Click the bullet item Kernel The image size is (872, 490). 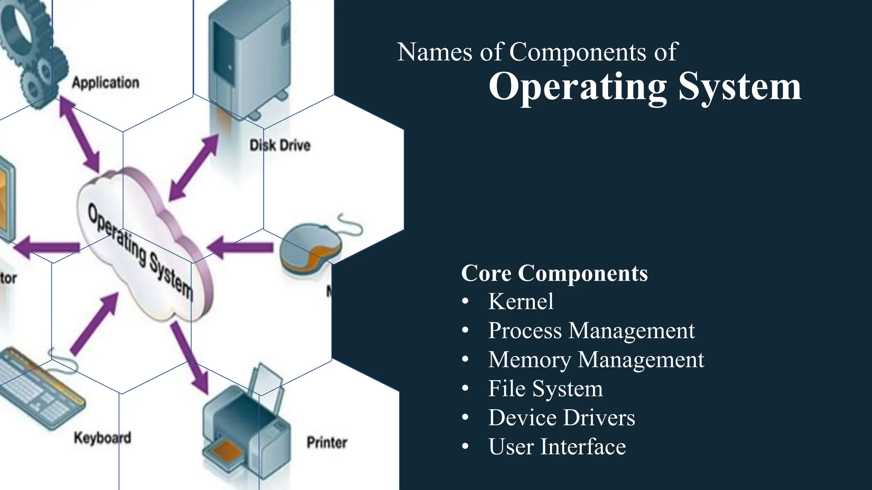520,302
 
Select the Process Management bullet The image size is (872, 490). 591,330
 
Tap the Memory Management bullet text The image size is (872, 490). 596,359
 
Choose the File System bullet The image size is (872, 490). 545,388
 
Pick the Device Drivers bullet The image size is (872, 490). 561,418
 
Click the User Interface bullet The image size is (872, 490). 556,447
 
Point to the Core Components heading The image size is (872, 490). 554,273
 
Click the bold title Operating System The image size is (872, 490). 645,87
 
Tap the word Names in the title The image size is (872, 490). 435,52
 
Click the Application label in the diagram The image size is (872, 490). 105,83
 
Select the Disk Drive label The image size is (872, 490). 280,145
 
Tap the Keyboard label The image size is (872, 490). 102,438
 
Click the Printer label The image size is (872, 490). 327,442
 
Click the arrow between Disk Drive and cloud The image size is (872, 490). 194,168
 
